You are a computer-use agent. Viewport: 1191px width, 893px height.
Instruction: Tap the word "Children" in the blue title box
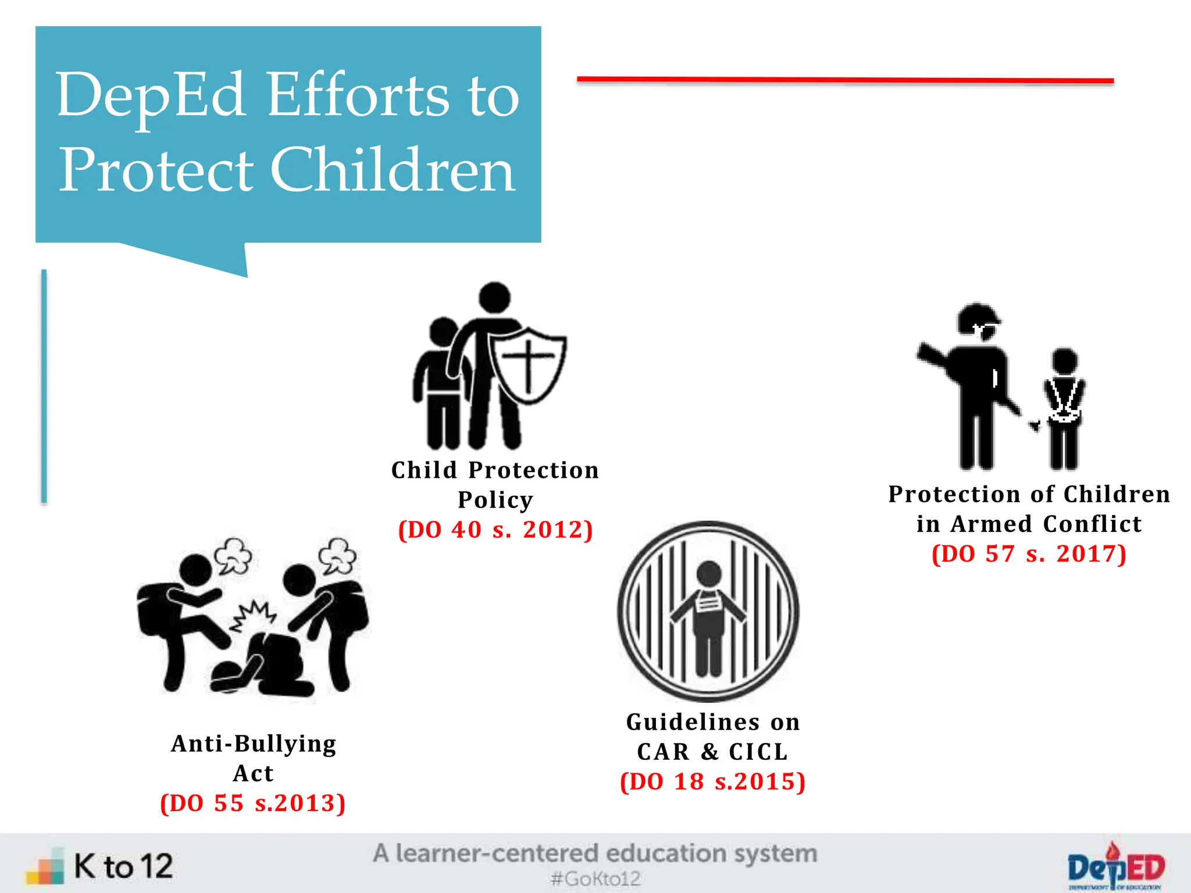point(393,170)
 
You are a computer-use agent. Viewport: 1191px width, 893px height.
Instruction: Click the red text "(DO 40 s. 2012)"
point(495,530)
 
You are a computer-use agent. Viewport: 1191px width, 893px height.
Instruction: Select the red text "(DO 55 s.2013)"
point(253,803)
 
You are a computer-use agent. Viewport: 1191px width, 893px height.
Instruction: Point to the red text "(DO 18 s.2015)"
point(713,782)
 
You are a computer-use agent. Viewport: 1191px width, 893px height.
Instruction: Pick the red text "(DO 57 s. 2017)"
point(1029,554)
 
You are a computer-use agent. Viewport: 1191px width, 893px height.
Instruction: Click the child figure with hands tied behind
point(1064,407)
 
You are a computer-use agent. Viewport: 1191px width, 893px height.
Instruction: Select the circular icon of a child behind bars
point(708,611)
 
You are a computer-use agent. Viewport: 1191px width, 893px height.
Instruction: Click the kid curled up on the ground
point(265,669)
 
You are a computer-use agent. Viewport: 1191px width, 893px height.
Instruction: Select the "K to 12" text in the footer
point(123,866)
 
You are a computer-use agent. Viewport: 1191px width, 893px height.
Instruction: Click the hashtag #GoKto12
point(595,878)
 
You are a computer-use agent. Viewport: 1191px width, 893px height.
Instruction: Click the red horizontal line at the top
point(844,80)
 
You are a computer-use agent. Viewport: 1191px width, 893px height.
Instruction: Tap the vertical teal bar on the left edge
point(44,386)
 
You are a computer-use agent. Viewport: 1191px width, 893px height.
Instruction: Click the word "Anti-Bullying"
point(254,744)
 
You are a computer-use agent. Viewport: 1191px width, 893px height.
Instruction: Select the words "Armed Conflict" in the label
point(1046,524)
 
